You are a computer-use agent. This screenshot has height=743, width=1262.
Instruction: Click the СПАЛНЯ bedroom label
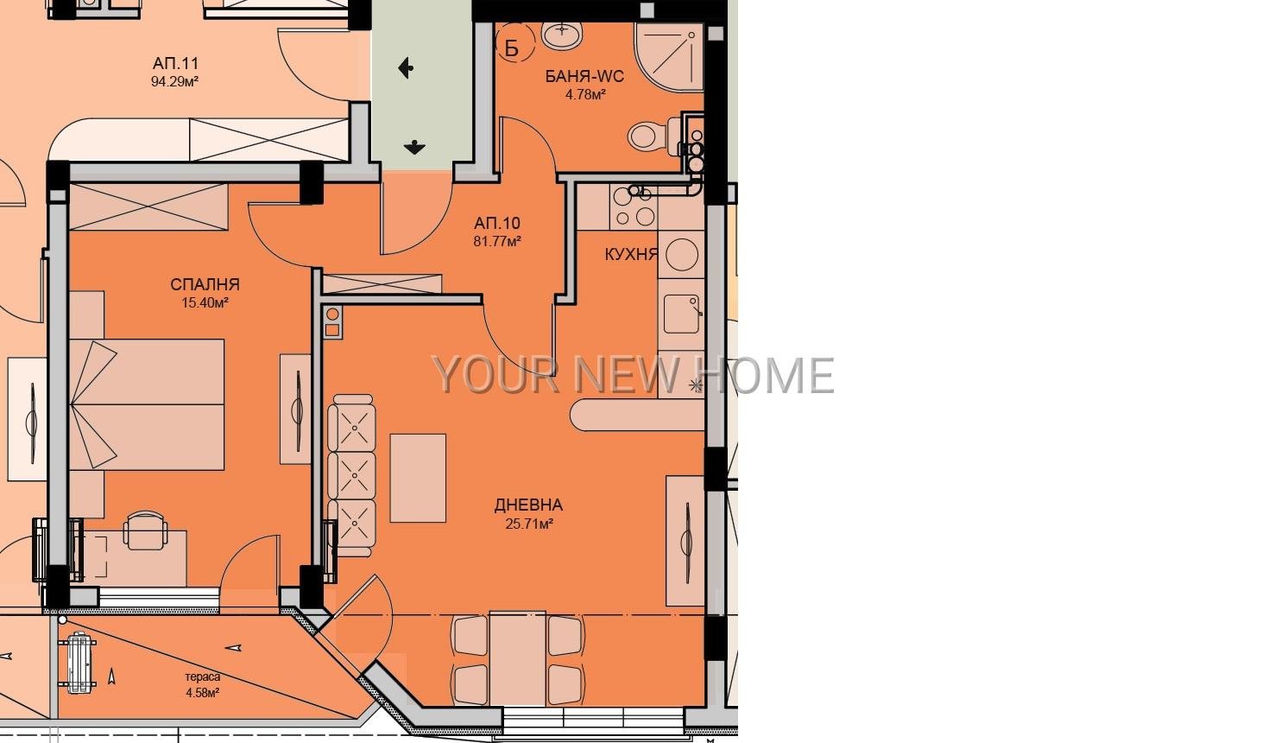point(205,284)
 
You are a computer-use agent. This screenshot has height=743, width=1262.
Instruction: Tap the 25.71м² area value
point(529,524)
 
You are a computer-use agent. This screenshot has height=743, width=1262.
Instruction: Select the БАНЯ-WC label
point(584,77)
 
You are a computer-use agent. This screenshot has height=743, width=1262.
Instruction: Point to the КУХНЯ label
point(631,254)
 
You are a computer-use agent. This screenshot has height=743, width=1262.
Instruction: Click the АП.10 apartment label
point(497,224)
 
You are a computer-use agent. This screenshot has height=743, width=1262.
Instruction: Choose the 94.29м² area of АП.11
point(174,81)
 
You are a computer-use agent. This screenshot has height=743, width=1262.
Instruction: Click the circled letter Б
point(511,48)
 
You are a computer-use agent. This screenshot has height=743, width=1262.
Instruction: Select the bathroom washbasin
point(562,35)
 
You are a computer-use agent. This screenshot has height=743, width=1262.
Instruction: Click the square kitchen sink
point(682,314)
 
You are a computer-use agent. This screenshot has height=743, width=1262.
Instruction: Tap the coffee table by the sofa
point(418,478)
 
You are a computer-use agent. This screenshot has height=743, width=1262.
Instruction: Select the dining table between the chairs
point(517,658)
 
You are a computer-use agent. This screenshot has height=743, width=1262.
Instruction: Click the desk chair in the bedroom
point(145,530)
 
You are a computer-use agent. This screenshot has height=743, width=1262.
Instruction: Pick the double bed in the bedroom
point(147,404)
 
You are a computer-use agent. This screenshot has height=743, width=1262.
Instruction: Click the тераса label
point(202,676)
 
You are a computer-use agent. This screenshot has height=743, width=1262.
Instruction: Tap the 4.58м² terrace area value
point(202,692)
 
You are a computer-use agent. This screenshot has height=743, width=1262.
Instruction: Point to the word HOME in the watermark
point(765,376)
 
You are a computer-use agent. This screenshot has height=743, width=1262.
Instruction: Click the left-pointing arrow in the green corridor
point(406,68)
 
